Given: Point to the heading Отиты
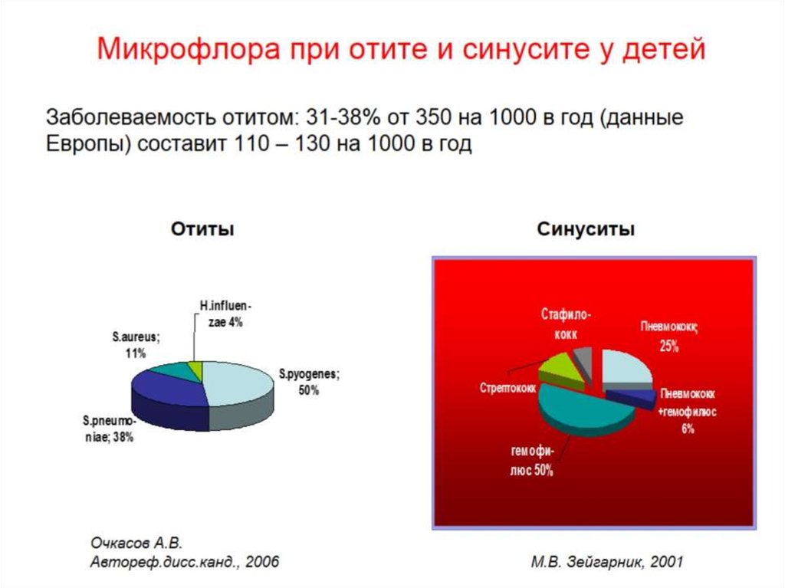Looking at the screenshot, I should [x=202, y=229].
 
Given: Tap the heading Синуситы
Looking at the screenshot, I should [x=586, y=229].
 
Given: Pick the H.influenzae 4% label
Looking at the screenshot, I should [x=222, y=314].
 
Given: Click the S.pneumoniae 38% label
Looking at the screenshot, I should [x=110, y=429].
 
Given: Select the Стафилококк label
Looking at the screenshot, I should [x=567, y=324].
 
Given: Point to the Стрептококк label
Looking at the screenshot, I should [x=507, y=387].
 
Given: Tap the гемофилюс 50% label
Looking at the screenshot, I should [x=530, y=462].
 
